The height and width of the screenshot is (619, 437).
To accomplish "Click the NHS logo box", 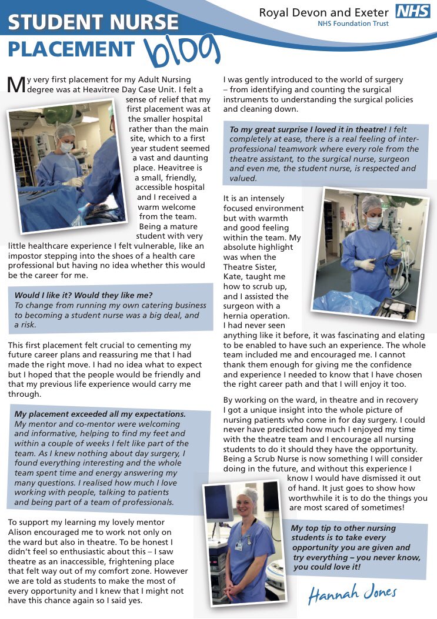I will [413, 11].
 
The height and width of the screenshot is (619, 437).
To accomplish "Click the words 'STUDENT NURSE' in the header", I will [93, 22].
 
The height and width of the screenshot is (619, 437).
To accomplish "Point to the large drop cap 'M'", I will [16, 84].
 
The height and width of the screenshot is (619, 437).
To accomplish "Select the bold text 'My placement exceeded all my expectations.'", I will [100, 414].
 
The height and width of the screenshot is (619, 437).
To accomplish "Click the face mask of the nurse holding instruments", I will [374, 223].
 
